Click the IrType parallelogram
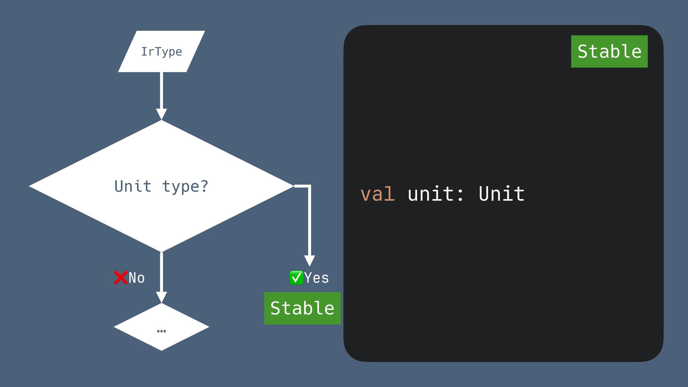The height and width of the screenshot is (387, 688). pos(161,52)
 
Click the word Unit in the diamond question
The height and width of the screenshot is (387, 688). pos(133,186)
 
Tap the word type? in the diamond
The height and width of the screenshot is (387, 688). pos(185,186)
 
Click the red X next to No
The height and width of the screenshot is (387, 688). pos(120,278)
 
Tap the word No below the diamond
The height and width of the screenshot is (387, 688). pos(137,278)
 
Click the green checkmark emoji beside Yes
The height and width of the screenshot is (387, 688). pos(296,278)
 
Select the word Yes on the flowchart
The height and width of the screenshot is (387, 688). pos(316,278)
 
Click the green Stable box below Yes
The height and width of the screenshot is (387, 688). pos(302,308)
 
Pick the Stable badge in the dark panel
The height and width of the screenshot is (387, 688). pos(609,51)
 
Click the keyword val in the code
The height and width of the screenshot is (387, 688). pos(377,194)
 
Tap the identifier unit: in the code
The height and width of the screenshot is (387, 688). pos(435,194)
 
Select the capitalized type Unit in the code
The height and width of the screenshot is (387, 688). pos(501,194)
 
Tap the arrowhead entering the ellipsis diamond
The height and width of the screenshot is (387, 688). pos(162,297)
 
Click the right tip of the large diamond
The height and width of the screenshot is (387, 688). pos(292,186)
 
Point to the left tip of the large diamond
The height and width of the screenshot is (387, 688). pos(31,186)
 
